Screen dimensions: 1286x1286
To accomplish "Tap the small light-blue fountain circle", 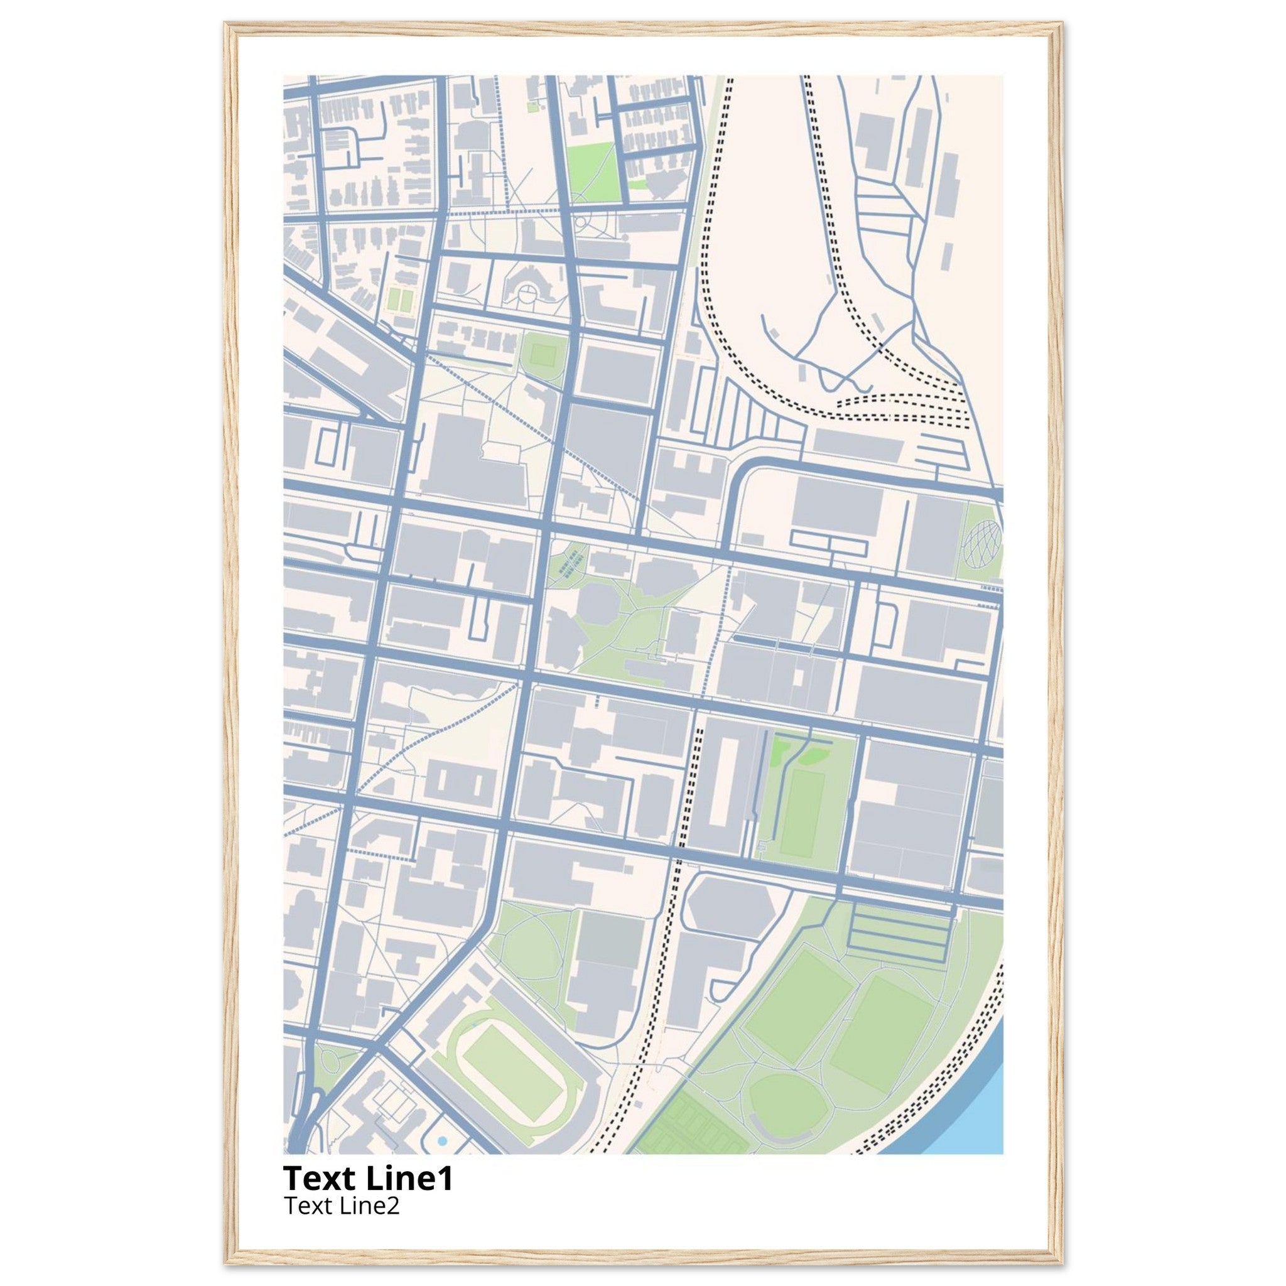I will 443,1141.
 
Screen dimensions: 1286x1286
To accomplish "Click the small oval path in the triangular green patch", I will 330,1072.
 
